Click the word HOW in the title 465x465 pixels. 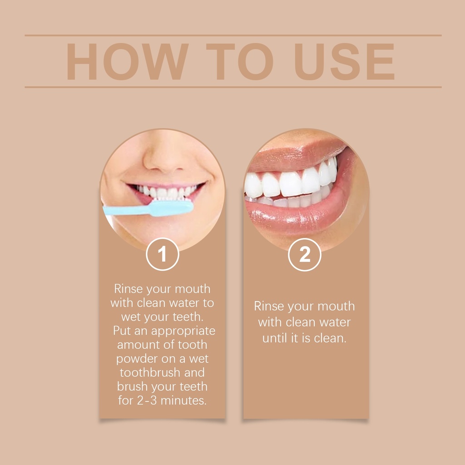coord(127,61)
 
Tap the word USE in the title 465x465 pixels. coord(344,61)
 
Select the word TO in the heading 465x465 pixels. coord(239,61)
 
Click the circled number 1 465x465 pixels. coord(162,254)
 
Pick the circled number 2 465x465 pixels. coord(305,254)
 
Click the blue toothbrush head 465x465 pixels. coord(172,208)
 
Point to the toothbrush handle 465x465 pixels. coord(126,210)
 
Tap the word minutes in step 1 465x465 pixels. coord(183,401)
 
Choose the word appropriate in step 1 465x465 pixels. coord(183,331)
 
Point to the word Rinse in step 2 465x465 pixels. coord(269,306)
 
